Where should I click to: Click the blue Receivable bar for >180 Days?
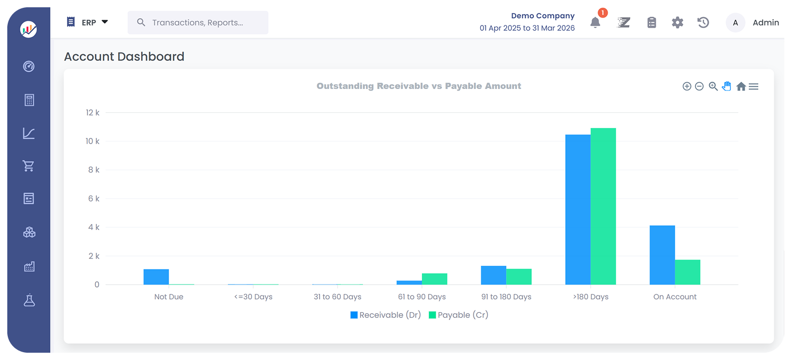point(578,210)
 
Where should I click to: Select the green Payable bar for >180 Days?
point(603,207)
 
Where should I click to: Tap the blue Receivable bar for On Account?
point(662,255)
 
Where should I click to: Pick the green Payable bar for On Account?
point(687,272)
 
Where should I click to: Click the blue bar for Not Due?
point(156,277)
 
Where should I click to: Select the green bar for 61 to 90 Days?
point(435,279)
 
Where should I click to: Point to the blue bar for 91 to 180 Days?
point(493,275)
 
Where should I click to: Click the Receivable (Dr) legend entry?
point(386,315)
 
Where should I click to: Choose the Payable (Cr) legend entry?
point(458,315)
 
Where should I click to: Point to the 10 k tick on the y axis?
point(93,141)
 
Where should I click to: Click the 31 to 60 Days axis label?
point(337,297)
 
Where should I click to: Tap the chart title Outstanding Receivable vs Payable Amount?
point(418,86)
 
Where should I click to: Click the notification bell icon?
point(595,23)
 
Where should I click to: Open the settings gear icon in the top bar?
point(677,23)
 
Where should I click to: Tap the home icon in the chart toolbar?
point(740,86)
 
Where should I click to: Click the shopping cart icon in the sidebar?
point(29,166)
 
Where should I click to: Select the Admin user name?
point(765,23)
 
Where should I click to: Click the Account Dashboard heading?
point(124,57)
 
